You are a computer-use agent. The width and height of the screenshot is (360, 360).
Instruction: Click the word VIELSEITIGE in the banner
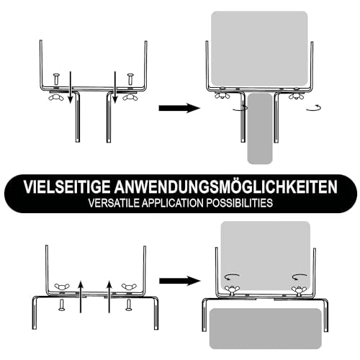pos(67,186)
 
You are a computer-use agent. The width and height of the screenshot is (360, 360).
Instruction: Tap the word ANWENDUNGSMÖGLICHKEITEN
pos(226,186)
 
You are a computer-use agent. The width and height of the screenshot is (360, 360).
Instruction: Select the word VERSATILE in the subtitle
pos(114,203)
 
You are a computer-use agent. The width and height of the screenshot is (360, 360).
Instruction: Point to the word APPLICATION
pos(173,203)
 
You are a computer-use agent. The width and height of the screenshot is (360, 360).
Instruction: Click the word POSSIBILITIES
pos(240,203)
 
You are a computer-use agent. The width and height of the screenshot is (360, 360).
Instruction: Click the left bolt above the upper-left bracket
pos(56,79)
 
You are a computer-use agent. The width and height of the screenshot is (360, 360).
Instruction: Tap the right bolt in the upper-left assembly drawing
pos(130,79)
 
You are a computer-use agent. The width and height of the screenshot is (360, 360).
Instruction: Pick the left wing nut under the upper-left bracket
pos(55,97)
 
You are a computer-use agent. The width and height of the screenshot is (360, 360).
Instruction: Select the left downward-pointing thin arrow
pos(70,87)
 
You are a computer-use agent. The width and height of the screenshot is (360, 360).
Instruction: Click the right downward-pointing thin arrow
pos(115,87)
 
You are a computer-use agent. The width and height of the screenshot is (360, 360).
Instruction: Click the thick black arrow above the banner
pos(179,108)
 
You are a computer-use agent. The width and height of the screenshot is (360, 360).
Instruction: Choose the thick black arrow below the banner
pos(180,281)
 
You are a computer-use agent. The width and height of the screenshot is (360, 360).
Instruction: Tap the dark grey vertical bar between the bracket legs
pos(260,129)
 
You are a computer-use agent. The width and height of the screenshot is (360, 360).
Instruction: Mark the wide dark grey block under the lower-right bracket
pos(266,328)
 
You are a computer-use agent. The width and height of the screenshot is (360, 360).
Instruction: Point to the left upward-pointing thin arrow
pos(81,296)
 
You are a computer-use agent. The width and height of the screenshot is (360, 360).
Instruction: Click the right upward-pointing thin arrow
pos(109,296)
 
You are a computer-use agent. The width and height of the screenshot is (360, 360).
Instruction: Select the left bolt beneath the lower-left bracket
pos(61,305)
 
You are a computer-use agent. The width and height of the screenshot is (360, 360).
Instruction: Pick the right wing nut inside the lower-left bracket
pos(129,287)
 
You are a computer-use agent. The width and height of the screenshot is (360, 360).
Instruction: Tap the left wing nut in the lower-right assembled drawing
pos(232,289)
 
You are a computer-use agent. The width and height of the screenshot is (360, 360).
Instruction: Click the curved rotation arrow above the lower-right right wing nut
pos(300,276)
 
